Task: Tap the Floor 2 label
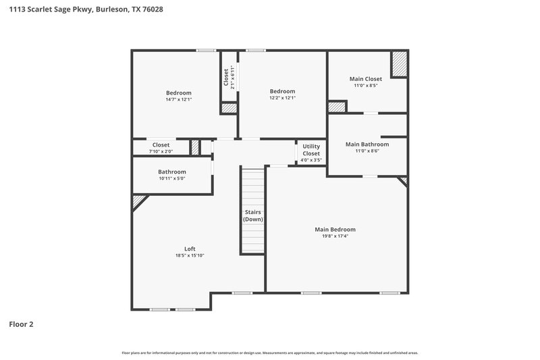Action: coord(21,324)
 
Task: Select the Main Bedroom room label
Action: coord(335,230)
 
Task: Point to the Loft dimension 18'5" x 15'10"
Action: coord(190,255)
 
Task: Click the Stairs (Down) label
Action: coord(253,216)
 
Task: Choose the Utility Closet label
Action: coord(311,150)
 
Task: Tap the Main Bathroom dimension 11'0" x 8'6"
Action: coord(367,151)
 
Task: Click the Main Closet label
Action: coord(365,79)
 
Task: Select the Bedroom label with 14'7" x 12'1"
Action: coord(179,93)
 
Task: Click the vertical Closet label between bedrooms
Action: coord(226,76)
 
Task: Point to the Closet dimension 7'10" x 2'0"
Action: coord(161,151)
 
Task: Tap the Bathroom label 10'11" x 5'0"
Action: coord(171,172)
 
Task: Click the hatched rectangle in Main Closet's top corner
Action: coord(400,65)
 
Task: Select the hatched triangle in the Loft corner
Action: coord(138,201)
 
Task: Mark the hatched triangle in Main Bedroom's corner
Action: coord(403,180)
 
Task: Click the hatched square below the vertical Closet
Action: coord(230,108)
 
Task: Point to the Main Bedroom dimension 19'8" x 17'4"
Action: coord(335,236)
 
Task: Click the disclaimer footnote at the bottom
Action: coord(270,353)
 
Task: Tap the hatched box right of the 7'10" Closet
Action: coord(195,147)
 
